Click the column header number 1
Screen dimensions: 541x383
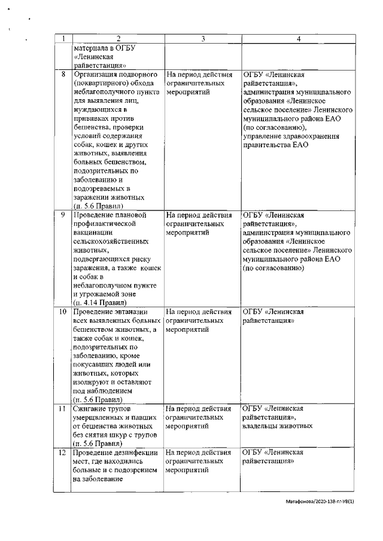[x=62, y=39]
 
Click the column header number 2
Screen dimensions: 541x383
[x=117, y=39]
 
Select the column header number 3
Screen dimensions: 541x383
[x=202, y=39]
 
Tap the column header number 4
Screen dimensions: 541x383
[x=298, y=39]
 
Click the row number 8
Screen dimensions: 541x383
[x=63, y=75]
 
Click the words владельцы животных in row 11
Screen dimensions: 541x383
[x=278, y=427]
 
